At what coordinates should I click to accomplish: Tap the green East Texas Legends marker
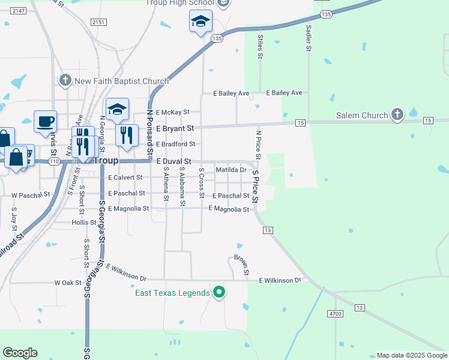[x=219, y=293]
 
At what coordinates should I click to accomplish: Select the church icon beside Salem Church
[x=396, y=114]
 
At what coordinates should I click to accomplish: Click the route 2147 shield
[x=19, y=11]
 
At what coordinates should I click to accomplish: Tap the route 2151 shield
[x=98, y=22]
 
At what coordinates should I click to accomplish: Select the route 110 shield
[x=54, y=161]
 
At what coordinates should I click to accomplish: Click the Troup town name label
[x=106, y=162]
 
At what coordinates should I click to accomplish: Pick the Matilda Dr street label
[x=231, y=170]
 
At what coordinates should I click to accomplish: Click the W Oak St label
[x=67, y=282]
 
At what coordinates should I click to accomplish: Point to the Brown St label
[x=241, y=264]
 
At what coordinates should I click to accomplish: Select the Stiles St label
[x=260, y=46]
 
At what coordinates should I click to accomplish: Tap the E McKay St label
[x=172, y=112]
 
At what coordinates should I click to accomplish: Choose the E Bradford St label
[x=175, y=144]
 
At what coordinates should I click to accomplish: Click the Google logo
[x=20, y=353]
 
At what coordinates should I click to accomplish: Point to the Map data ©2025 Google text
[x=411, y=355]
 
